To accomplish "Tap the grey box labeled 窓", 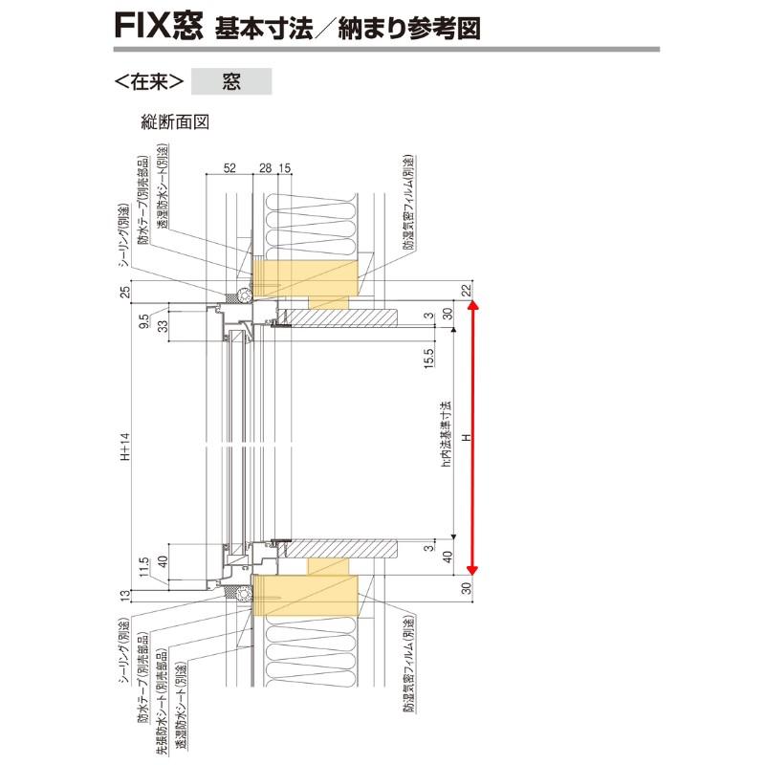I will pyautogui.click(x=231, y=81).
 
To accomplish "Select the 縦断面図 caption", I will pyautogui.click(x=175, y=121).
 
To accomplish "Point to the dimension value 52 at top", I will pyautogui.click(x=229, y=167).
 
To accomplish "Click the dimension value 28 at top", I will pyautogui.click(x=265, y=167).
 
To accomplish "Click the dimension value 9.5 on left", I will pyautogui.click(x=142, y=318).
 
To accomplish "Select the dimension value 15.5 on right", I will pyautogui.click(x=429, y=361).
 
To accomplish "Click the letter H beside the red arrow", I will pyautogui.click(x=468, y=438).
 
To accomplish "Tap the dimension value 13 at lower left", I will pyautogui.click(x=125, y=597).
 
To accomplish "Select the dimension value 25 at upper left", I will pyautogui.click(x=125, y=291).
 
